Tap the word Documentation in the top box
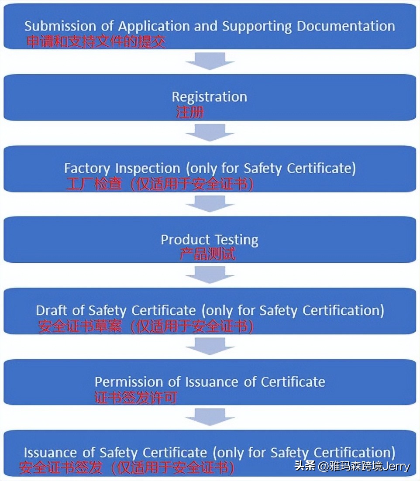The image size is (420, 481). (x=346, y=26)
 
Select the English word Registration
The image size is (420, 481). (x=209, y=97)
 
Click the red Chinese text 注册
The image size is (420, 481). (x=190, y=113)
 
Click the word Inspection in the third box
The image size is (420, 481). (x=148, y=168)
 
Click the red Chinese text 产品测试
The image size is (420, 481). (x=207, y=254)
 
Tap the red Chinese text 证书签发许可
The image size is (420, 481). (x=136, y=398)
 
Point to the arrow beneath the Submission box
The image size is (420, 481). (x=210, y=61)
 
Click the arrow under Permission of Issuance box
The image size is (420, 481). (x=210, y=417)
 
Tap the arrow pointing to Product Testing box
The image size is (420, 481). (x=210, y=204)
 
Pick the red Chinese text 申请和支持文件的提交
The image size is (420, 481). (x=96, y=42)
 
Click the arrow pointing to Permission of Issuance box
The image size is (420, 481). (x=210, y=346)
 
